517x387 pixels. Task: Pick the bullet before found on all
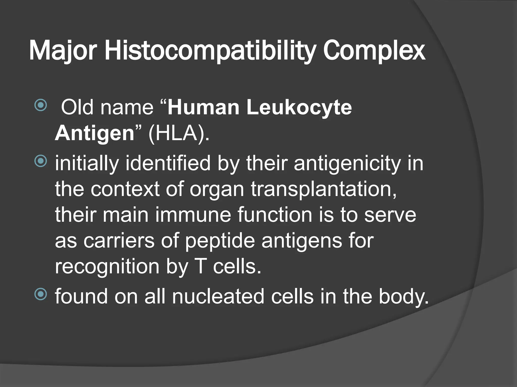click(40, 294)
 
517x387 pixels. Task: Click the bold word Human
click(203, 108)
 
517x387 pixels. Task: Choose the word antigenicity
click(347, 163)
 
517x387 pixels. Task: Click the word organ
click(217, 189)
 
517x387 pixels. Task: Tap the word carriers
click(119, 240)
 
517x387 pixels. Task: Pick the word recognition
click(107, 267)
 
